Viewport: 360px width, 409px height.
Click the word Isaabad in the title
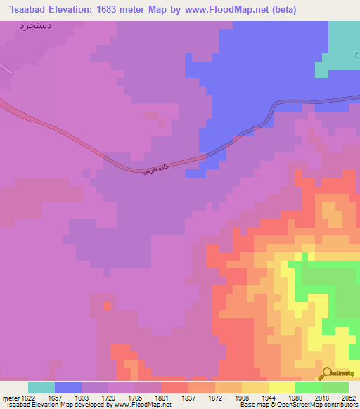pos(27,10)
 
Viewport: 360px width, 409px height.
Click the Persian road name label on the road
pos(155,167)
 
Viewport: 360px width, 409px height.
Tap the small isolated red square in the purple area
pos(107,306)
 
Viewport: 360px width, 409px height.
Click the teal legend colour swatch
pos(41,387)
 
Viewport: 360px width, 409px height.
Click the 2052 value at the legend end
pos(349,398)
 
